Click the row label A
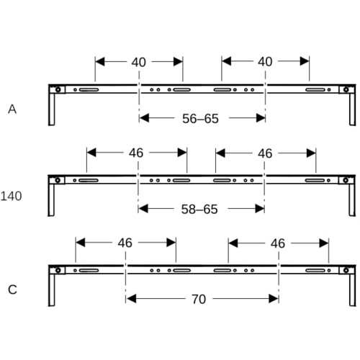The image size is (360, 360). pos(12,109)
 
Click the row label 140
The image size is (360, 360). pos(11,196)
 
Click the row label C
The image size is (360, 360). pos(12,289)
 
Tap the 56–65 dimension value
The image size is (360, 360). pos(200,119)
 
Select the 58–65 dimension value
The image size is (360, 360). pos(199,210)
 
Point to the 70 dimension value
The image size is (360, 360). pos(199,300)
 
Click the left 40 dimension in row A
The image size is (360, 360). pos(138,62)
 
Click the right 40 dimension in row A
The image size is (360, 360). pos(265,62)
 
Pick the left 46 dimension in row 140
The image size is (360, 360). pos(136,153)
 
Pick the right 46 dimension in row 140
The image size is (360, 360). pos(265,153)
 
